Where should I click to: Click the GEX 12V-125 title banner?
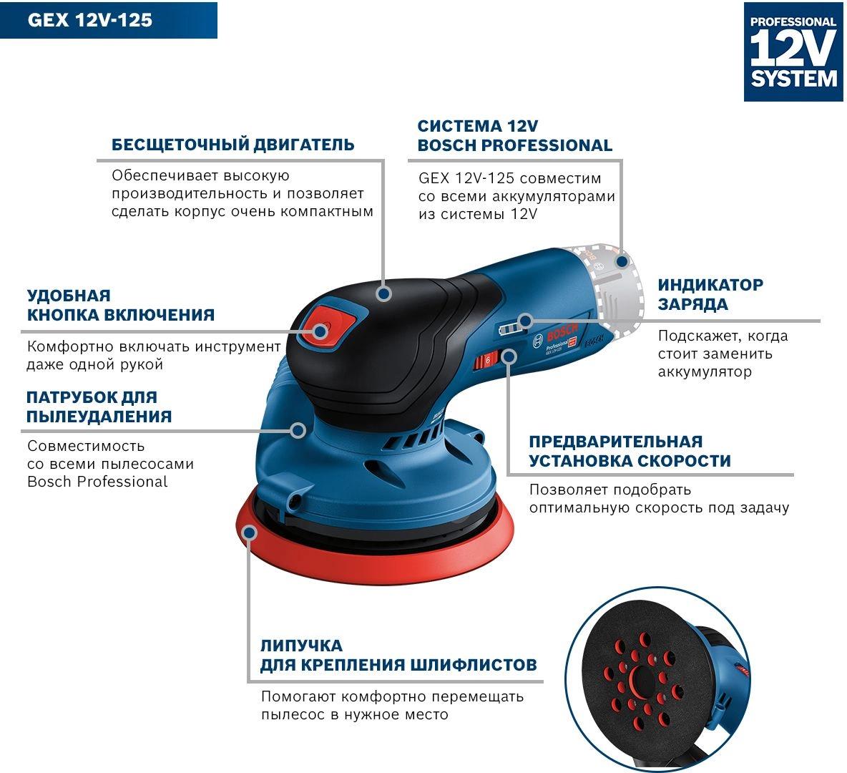pos(109,20)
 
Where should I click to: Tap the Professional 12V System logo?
pos(793,52)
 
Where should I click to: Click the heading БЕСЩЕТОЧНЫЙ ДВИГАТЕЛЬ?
pos(232,145)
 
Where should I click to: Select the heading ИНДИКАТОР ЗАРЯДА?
pos(710,294)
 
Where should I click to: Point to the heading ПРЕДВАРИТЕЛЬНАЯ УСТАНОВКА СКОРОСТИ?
pos(630,451)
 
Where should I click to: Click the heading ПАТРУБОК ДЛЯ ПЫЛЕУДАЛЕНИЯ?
pos(99,407)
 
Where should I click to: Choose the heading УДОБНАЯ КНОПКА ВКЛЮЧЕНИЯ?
pos(121,305)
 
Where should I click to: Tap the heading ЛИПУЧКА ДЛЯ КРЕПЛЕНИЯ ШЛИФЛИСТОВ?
pos(398,655)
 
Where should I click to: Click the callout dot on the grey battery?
pos(622,262)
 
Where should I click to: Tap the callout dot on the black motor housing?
pos(384,293)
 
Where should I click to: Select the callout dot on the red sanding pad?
pos(249,533)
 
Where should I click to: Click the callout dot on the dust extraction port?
pos(298,430)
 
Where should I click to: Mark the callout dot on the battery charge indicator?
pos(525,321)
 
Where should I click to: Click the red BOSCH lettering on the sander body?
pos(562,331)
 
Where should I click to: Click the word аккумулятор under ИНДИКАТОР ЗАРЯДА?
pos(705,372)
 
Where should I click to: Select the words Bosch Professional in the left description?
pos(97,482)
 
